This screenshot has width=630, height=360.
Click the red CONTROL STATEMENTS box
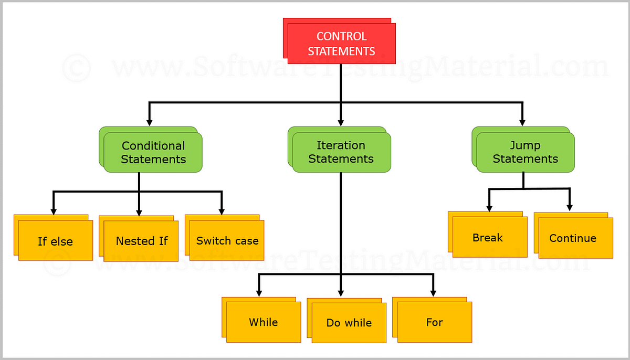pos(341,44)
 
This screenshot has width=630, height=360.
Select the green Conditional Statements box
pos(153,152)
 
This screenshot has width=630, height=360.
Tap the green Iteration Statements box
pos(341,152)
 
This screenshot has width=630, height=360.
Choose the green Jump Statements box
pos(525,152)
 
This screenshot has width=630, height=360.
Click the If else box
pos(55,241)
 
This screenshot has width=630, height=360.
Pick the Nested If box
pos(141,241)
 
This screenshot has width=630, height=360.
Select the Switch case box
pos(227,241)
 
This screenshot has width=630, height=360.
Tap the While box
pos(264,322)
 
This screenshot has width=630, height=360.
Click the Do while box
pos(349,323)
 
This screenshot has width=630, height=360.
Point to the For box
pos(434,322)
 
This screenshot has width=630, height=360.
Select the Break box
pos(488,238)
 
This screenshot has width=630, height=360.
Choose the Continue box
pos(573,238)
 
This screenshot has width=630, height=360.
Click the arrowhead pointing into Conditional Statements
pos(150,122)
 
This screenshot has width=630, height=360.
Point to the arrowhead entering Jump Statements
pos(521,122)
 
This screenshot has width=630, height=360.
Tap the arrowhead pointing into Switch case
pos(222,211)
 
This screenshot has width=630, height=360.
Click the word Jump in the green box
pos(525,145)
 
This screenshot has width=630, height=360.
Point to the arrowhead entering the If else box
pos(54,211)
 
